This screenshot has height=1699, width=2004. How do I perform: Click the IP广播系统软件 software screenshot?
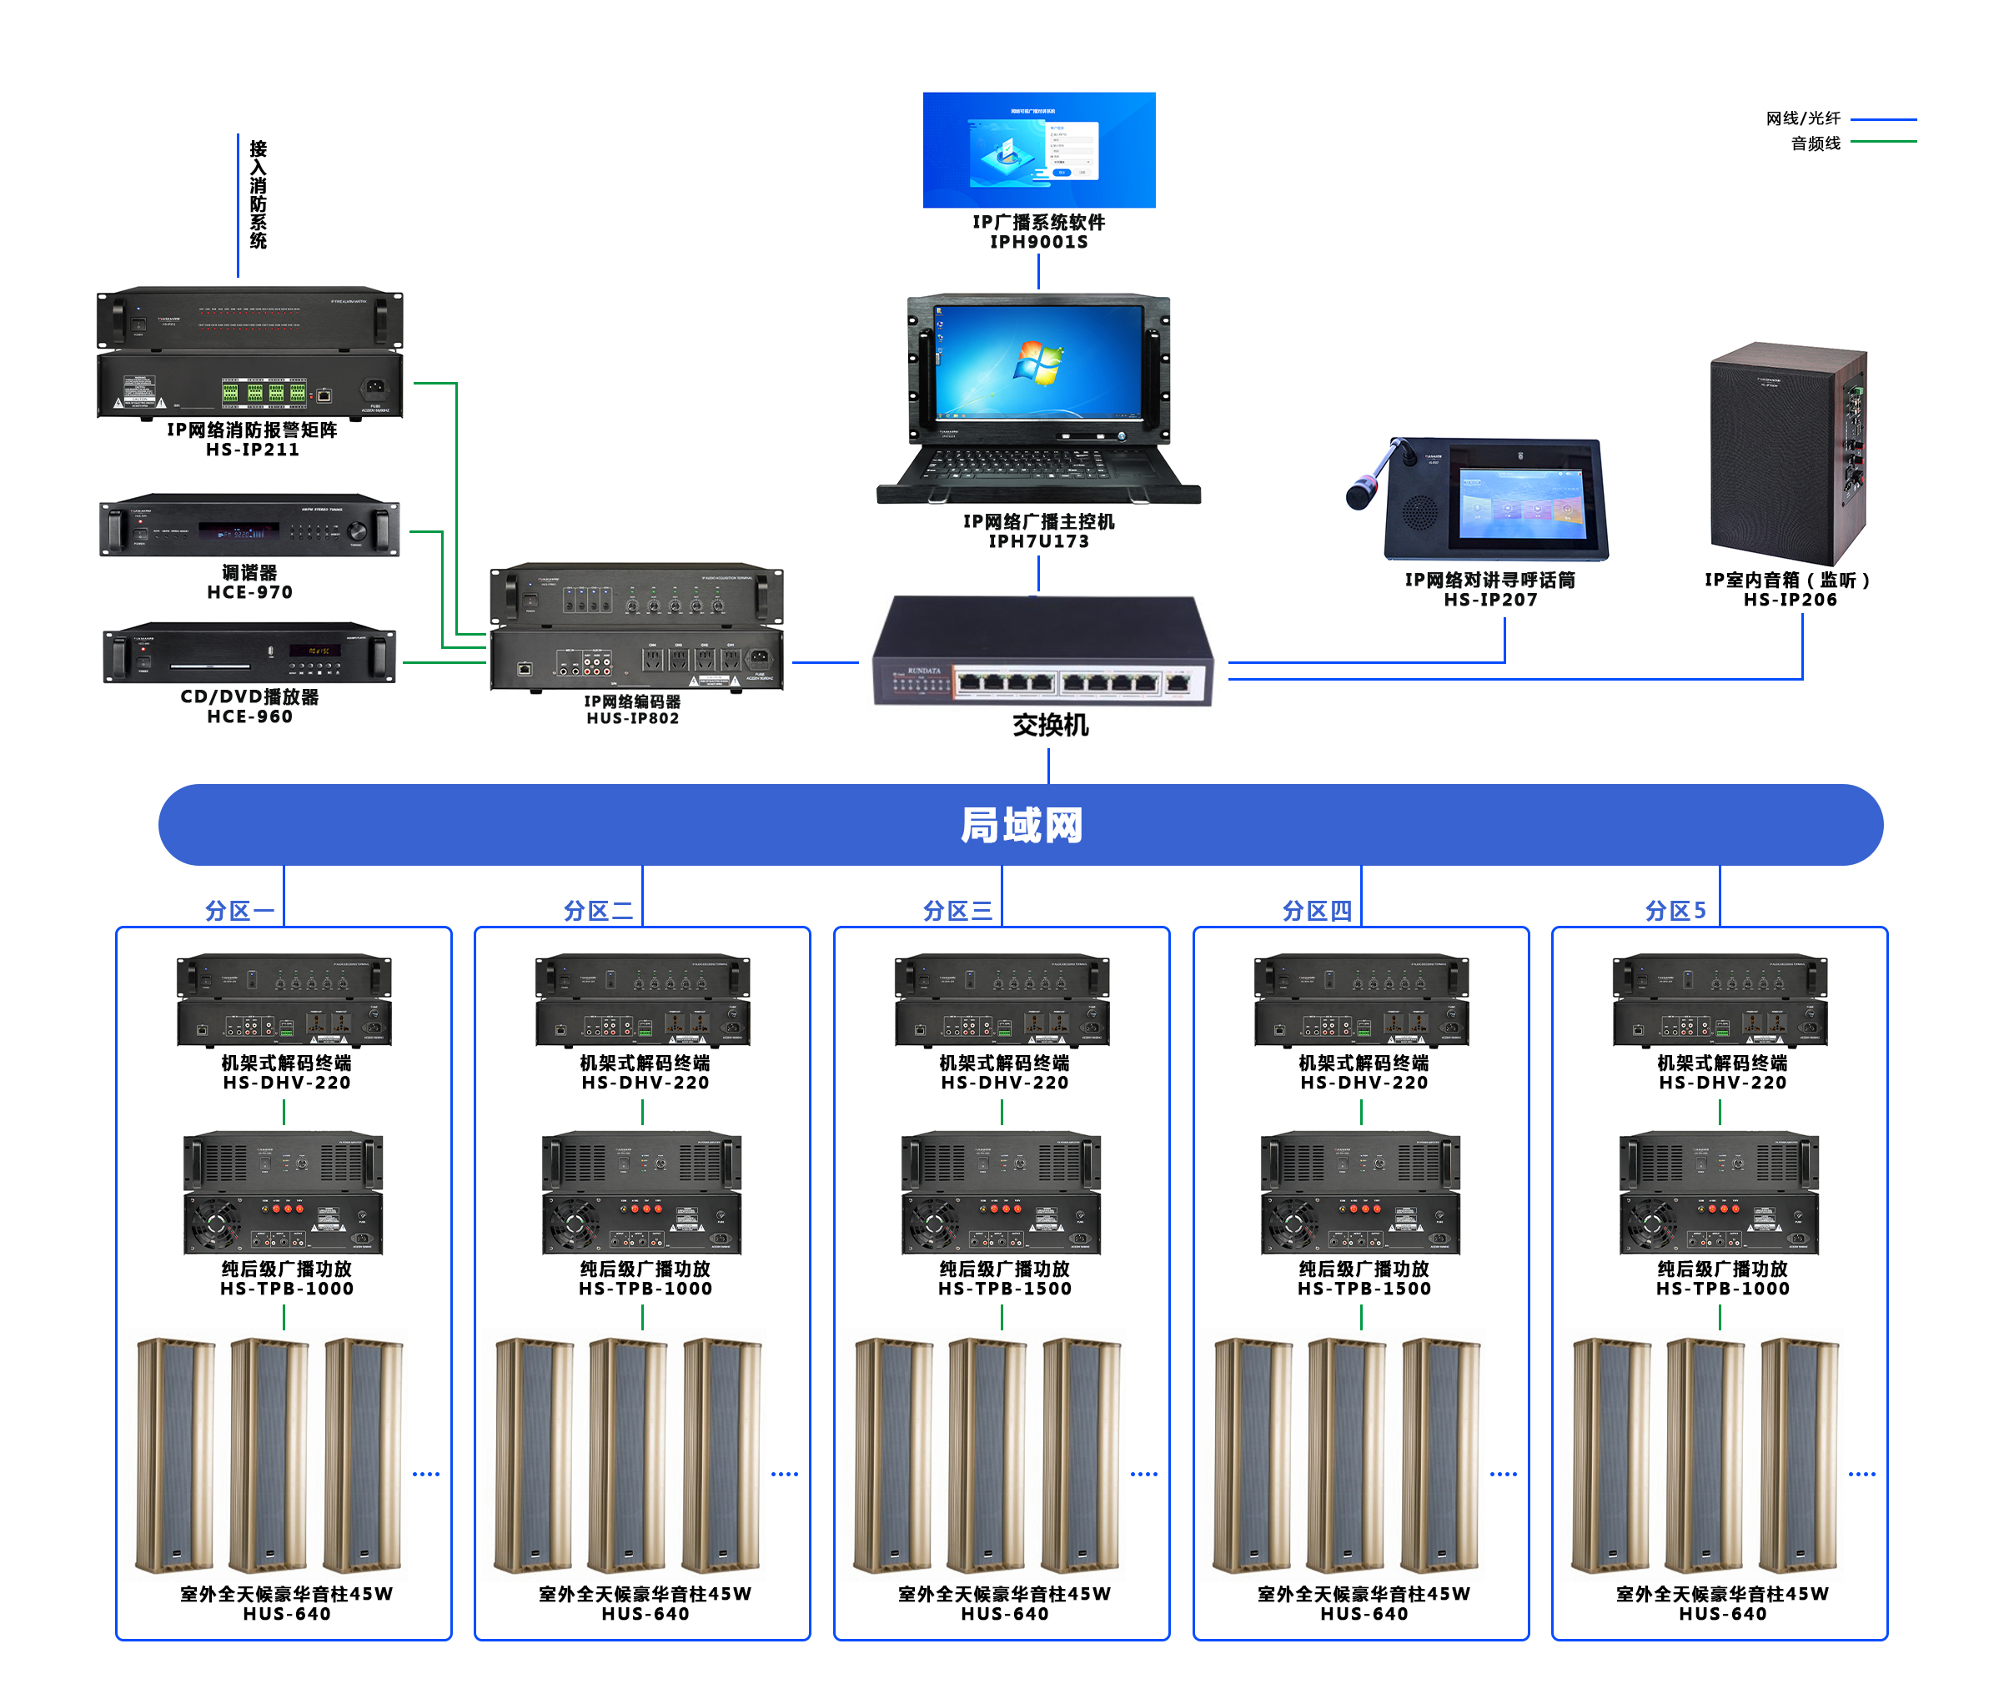click(x=1038, y=149)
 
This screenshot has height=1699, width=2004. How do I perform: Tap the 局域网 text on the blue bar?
click(x=1021, y=826)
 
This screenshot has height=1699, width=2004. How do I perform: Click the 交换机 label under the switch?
click(x=1050, y=726)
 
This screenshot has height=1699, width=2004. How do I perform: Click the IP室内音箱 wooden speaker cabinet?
click(x=1787, y=453)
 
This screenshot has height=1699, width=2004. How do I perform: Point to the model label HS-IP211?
click(x=253, y=450)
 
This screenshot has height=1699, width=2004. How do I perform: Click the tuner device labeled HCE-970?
click(x=249, y=527)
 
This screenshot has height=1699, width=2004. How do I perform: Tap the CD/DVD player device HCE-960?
click(x=249, y=654)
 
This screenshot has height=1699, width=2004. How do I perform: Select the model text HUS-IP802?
click(x=633, y=718)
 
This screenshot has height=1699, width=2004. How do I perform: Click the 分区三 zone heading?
click(x=957, y=910)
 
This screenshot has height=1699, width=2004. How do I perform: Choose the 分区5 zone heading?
click(x=1675, y=910)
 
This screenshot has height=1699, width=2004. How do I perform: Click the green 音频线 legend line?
click(x=1883, y=142)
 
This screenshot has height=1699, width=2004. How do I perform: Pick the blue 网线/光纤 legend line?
click(x=1883, y=119)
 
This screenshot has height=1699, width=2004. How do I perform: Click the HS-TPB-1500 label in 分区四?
click(x=1364, y=1289)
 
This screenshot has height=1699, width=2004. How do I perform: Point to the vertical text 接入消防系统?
click(x=258, y=195)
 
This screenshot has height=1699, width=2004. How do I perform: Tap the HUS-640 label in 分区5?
click(x=1722, y=1614)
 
